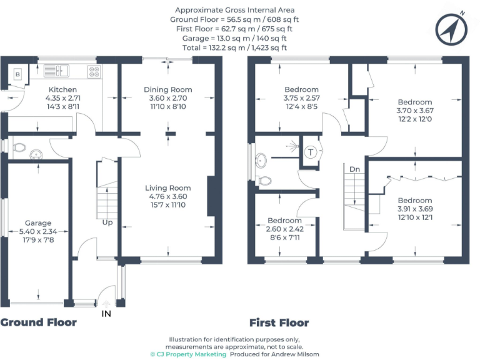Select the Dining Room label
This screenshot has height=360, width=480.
pyautogui.click(x=166, y=98)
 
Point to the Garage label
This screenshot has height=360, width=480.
pyautogui.click(x=38, y=231)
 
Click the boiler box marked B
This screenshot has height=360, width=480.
pyautogui.click(x=17, y=74)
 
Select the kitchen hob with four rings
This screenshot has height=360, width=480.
pyautogui.click(x=94, y=70)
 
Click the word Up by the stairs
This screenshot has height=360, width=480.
pyautogui.click(x=107, y=222)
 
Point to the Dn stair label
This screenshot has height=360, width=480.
pyautogui.click(x=354, y=169)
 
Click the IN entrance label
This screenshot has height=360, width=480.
pyautogui.click(x=106, y=314)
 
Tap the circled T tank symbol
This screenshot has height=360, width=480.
pyautogui.click(x=311, y=152)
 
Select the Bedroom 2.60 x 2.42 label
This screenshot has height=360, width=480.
pyautogui.click(x=284, y=229)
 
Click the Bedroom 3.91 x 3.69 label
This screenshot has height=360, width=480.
pyautogui.click(x=414, y=209)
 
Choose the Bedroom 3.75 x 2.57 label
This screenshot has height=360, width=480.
pyautogui.click(x=301, y=98)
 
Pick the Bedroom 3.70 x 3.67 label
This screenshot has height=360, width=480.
pyautogui.click(x=414, y=111)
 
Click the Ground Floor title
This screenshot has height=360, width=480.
pyautogui.click(x=39, y=322)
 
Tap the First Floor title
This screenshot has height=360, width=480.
pyautogui.click(x=279, y=323)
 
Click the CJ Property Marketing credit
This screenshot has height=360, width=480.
pyautogui.click(x=188, y=354)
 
